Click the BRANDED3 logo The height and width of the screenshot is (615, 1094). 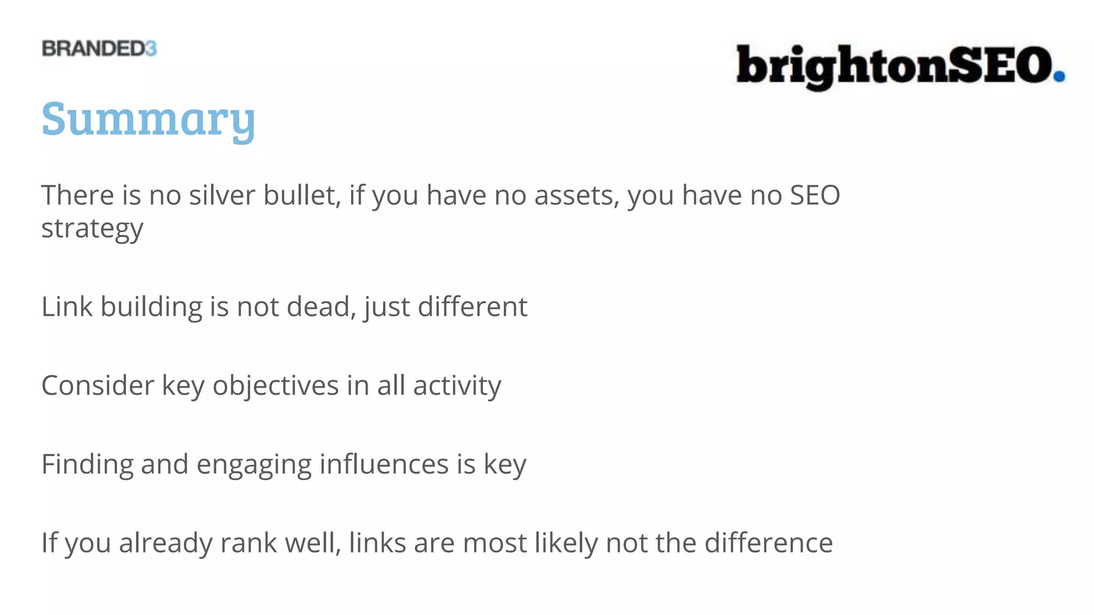pyautogui.click(x=99, y=49)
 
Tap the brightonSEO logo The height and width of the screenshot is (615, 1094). pyautogui.click(x=900, y=66)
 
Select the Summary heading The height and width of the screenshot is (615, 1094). pyautogui.click(x=149, y=119)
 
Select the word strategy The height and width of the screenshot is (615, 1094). pyautogui.click(x=92, y=228)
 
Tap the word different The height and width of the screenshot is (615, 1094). pyautogui.click(x=472, y=306)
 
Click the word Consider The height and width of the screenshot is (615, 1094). pyautogui.click(x=98, y=385)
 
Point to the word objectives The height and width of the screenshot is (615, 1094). pyautogui.click(x=276, y=385)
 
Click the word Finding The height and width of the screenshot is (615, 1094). pyautogui.click(x=87, y=464)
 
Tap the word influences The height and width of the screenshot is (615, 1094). pyautogui.click(x=384, y=464)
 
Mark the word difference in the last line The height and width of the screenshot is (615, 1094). pyautogui.click(x=768, y=543)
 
